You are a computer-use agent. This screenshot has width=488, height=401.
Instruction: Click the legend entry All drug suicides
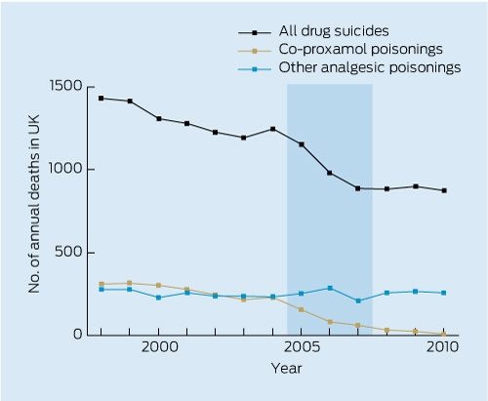pyautogui.click(x=334, y=31)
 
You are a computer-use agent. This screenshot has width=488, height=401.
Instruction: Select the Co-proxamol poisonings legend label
pyautogui.click(x=360, y=49)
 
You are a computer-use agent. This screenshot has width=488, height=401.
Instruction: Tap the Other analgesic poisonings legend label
pyautogui.click(x=370, y=67)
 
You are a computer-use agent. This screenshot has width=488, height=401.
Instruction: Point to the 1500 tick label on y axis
pyautogui.click(x=65, y=86)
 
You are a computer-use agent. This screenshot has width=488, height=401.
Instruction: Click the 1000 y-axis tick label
pyautogui.click(x=65, y=169)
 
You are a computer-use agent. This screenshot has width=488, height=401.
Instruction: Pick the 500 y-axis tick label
pyautogui.click(x=68, y=252)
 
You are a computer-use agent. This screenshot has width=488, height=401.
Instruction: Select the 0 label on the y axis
pyautogui.click(x=78, y=334)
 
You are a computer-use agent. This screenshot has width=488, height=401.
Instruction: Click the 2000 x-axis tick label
pyautogui.click(x=160, y=347)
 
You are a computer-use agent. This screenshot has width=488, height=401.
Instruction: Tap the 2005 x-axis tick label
pyautogui.click(x=302, y=347)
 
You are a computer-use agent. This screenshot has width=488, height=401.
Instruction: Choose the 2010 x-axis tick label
pyautogui.click(x=442, y=347)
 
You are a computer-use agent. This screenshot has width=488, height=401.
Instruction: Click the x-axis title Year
pyautogui.click(x=287, y=369)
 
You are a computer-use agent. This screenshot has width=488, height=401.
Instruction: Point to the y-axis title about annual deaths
pyautogui.click(x=34, y=204)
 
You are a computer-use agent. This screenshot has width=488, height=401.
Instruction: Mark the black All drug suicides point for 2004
pyautogui.click(x=273, y=129)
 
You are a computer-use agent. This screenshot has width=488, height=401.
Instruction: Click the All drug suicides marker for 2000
pyautogui.click(x=159, y=119)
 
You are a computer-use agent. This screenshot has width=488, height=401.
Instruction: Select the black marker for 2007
pyautogui.click(x=358, y=188)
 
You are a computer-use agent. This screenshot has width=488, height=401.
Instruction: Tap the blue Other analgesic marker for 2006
pyautogui.click(x=330, y=288)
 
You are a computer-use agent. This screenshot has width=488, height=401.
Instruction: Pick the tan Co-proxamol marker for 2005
pyautogui.click(x=302, y=309)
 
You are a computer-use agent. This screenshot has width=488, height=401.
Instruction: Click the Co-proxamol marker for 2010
pyautogui.click(x=444, y=334)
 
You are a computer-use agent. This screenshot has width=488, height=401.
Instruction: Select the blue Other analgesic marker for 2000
pyautogui.click(x=159, y=298)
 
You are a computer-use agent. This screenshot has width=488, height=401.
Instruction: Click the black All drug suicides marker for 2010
pyautogui.click(x=444, y=190)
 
